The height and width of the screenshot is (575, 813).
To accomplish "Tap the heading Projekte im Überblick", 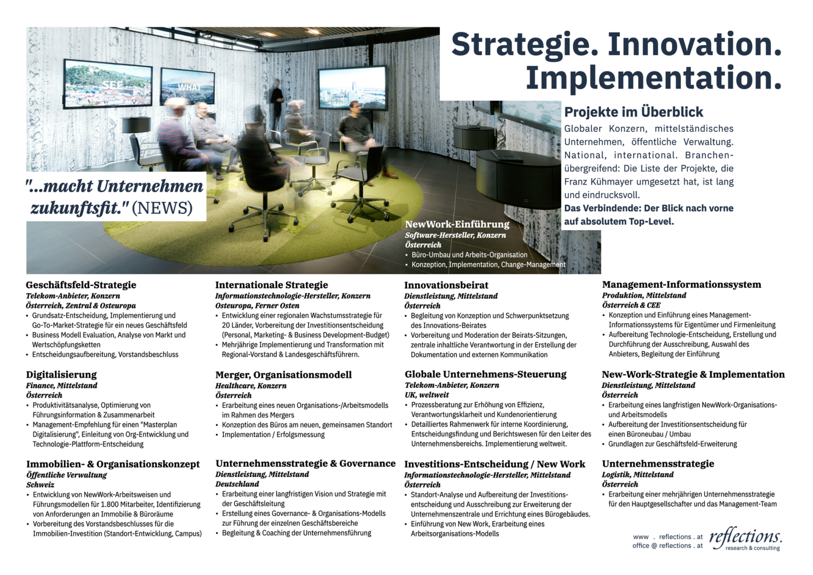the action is point(634,112).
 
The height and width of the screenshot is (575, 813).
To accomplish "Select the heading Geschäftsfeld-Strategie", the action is point(81,285).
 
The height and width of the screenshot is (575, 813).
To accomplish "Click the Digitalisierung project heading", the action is point(62,374).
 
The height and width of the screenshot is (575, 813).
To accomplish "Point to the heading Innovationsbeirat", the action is point(446,285).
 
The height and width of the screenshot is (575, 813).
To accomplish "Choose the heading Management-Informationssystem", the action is point(682,285).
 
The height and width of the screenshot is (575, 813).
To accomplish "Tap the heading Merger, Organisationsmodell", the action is point(283,375).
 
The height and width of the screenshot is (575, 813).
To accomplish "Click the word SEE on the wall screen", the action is point(113,85).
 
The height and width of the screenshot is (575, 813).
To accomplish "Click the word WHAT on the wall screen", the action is point(189,87).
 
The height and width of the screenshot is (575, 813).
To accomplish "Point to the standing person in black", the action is point(277,104).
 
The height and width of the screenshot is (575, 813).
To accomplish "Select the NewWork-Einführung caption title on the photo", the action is point(457,224).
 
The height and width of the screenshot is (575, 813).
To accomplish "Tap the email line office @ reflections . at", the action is point(667,546).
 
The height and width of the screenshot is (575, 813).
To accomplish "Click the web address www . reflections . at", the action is point(668,537).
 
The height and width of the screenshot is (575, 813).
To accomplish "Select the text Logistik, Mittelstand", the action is point(638,474).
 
